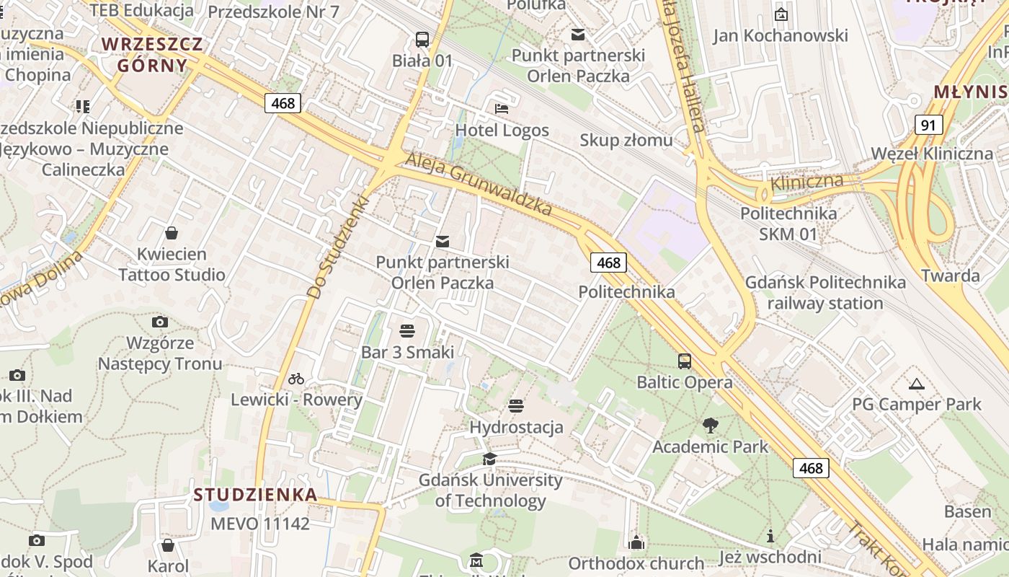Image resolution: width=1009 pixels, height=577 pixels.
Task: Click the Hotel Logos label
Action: point(502,131)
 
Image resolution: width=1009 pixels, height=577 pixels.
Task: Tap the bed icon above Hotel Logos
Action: point(502,109)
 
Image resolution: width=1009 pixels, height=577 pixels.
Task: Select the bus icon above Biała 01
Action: point(422,39)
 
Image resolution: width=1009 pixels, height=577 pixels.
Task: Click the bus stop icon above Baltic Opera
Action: point(684,361)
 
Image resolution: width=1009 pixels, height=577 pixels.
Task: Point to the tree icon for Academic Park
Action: point(711,426)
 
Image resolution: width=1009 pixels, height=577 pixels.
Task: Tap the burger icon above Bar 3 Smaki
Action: point(407,331)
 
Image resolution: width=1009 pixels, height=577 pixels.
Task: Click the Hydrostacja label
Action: point(516,427)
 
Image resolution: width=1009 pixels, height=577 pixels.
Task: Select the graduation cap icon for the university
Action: point(489,459)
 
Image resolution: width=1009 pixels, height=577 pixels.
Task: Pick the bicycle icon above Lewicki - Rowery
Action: point(296,378)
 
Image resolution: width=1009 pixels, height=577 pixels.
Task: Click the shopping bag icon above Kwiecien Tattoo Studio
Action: point(172,233)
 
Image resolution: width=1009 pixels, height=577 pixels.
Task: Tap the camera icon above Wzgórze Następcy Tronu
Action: point(160,322)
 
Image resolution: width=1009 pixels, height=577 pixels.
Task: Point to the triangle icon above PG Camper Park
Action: point(917,383)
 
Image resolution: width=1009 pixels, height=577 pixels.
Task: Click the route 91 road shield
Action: point(929,125)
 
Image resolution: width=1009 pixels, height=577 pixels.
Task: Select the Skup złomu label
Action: point(626,140)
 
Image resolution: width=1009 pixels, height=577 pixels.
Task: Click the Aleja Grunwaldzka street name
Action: point(479,183)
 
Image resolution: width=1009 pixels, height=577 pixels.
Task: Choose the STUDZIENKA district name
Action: point(255,495)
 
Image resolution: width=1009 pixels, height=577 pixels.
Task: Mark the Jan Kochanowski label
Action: point(781,35)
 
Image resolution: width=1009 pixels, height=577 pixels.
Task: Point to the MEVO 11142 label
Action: point(260,524)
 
